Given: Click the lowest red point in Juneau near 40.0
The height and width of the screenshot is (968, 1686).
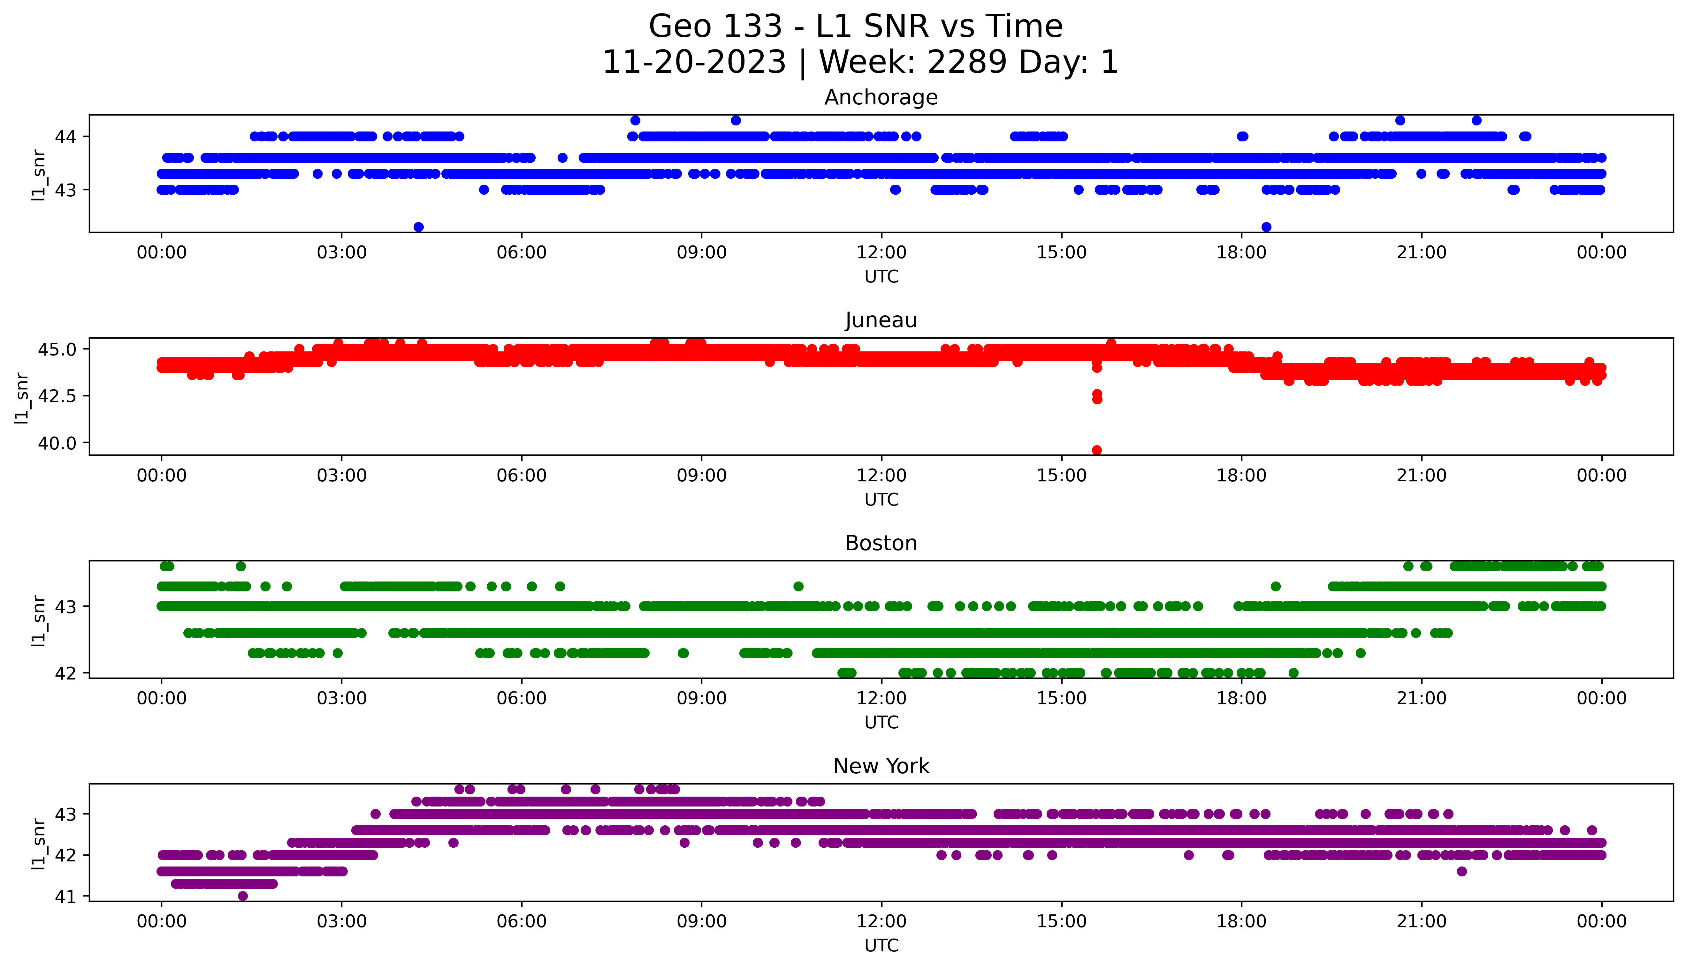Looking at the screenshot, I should point(1097,450).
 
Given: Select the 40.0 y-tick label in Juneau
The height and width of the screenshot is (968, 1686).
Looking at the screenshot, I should point(58,443).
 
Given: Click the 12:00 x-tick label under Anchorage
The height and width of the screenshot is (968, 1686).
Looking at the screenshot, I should point(881,253).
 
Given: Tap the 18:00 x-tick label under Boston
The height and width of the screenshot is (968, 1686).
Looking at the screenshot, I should point(1241,699).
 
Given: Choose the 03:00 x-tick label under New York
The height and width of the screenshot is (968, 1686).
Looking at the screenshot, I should point(342,921).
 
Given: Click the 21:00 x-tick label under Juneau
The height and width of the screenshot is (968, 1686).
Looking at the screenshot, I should point(1421,475).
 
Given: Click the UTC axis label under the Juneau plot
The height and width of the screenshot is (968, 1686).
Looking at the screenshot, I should point(881,499).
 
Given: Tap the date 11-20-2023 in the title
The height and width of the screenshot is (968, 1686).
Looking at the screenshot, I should point(694,63).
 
